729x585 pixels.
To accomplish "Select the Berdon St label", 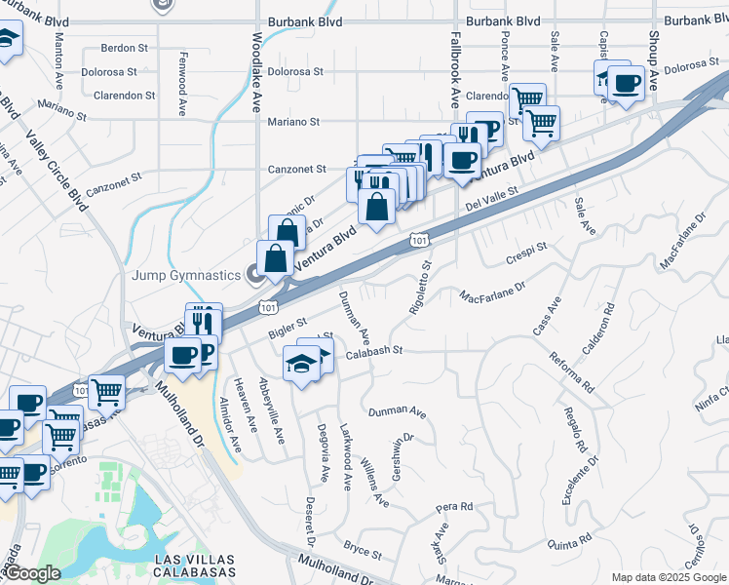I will point(124,48).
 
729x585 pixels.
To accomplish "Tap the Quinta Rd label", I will point(570,539).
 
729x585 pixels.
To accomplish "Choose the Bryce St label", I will point(362,550).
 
